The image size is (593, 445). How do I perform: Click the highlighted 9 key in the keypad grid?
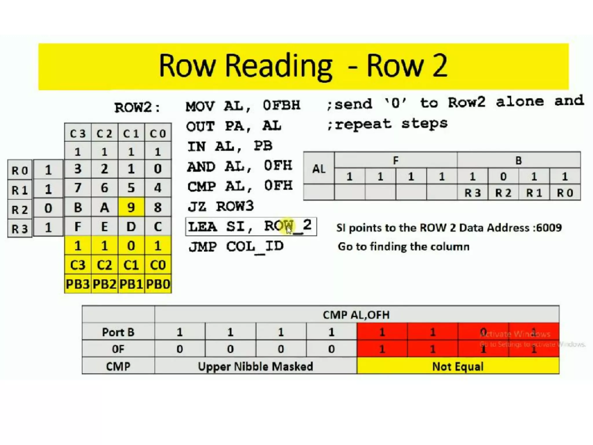point(131,207)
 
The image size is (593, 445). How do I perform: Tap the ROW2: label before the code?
point(137,108)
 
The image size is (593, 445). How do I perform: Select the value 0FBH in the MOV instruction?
point(281,105)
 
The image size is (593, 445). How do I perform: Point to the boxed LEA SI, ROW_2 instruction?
point(251,226)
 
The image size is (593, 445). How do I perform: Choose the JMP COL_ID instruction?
point(236,247)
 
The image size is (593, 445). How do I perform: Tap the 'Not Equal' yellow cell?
point(458,366)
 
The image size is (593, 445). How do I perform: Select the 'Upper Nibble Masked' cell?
point(255,366)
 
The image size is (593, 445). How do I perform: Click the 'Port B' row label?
point(118,332)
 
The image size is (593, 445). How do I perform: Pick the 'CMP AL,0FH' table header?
point(356,315)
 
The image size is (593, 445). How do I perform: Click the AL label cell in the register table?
point(319,169)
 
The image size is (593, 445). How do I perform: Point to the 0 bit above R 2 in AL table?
point(503,176)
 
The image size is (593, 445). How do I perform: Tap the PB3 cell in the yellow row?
point(78,284)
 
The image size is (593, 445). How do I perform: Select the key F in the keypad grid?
point(78,227)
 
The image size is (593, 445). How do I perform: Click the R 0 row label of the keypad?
point(20,170)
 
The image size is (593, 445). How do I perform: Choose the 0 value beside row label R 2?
point(48,209)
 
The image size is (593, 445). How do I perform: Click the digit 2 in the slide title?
point(440,66)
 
